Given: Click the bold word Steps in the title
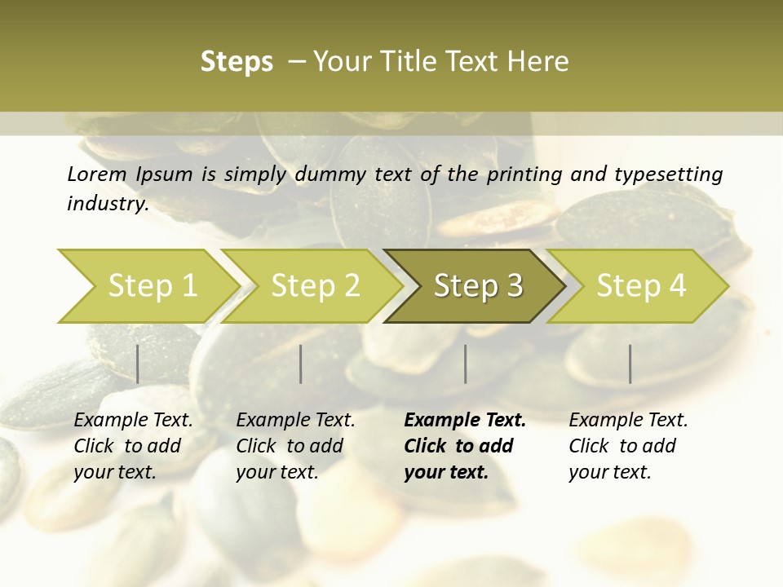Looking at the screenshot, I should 237,62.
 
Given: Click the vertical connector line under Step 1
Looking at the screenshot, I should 138,364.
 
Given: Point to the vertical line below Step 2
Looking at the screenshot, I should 301,364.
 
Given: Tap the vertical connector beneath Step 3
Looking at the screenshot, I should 466,364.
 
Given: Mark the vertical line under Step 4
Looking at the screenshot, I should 630,364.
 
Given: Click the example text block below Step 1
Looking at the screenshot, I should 133,446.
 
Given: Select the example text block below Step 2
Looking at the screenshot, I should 295,446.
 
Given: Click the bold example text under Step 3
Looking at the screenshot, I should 465,446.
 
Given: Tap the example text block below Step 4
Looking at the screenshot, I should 628,446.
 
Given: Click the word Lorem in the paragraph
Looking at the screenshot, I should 97,174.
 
